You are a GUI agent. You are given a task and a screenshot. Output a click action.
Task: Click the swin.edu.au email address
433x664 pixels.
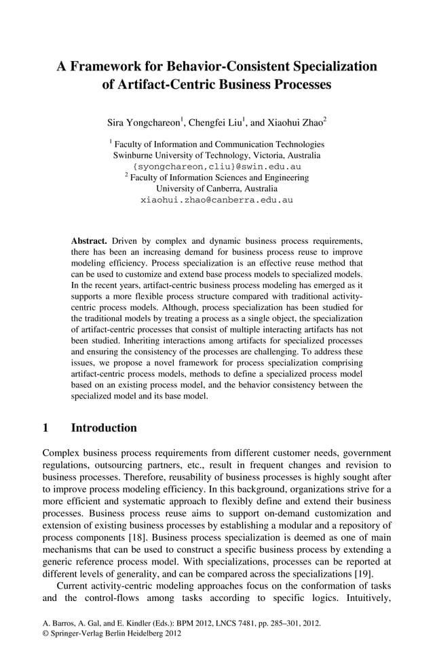point(217,166)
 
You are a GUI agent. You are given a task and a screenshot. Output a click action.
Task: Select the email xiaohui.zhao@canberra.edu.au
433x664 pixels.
point(216,201)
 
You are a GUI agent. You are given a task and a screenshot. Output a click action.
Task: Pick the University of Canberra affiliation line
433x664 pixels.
point(216,189)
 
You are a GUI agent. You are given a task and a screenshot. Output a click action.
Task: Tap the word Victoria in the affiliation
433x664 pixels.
point(265,155)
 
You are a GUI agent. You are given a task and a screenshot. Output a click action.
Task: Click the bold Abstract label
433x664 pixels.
point(89,240)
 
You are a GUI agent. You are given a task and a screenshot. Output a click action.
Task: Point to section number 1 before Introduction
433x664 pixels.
point(45,428)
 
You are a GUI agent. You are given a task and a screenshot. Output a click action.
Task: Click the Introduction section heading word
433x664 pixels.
point(104,428)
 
